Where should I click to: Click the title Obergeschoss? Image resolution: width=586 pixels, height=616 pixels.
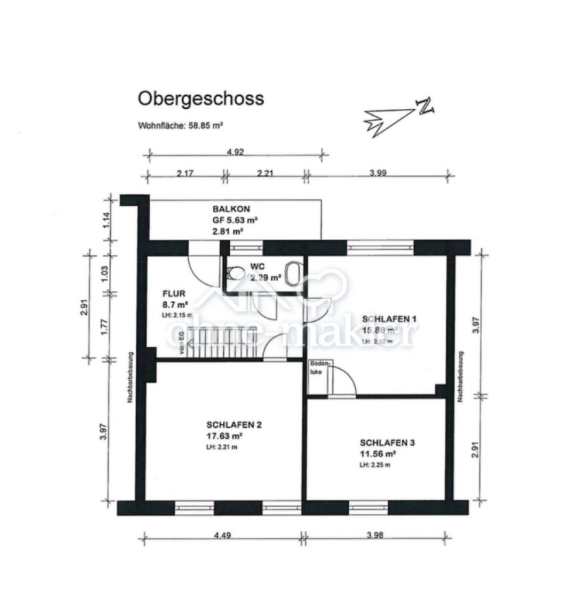201,99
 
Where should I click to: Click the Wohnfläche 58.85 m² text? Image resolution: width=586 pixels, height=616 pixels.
181,126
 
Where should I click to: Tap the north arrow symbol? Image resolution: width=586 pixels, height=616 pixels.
397,116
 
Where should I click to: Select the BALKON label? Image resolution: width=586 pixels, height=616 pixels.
231,209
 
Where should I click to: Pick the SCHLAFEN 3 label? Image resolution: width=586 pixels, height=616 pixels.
387,443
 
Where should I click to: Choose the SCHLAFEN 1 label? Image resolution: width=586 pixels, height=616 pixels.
389,319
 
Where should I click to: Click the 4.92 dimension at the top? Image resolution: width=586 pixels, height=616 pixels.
235,153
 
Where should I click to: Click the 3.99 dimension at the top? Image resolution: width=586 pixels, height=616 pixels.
378,173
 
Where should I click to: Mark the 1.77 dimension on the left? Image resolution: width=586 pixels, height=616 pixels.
104,326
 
